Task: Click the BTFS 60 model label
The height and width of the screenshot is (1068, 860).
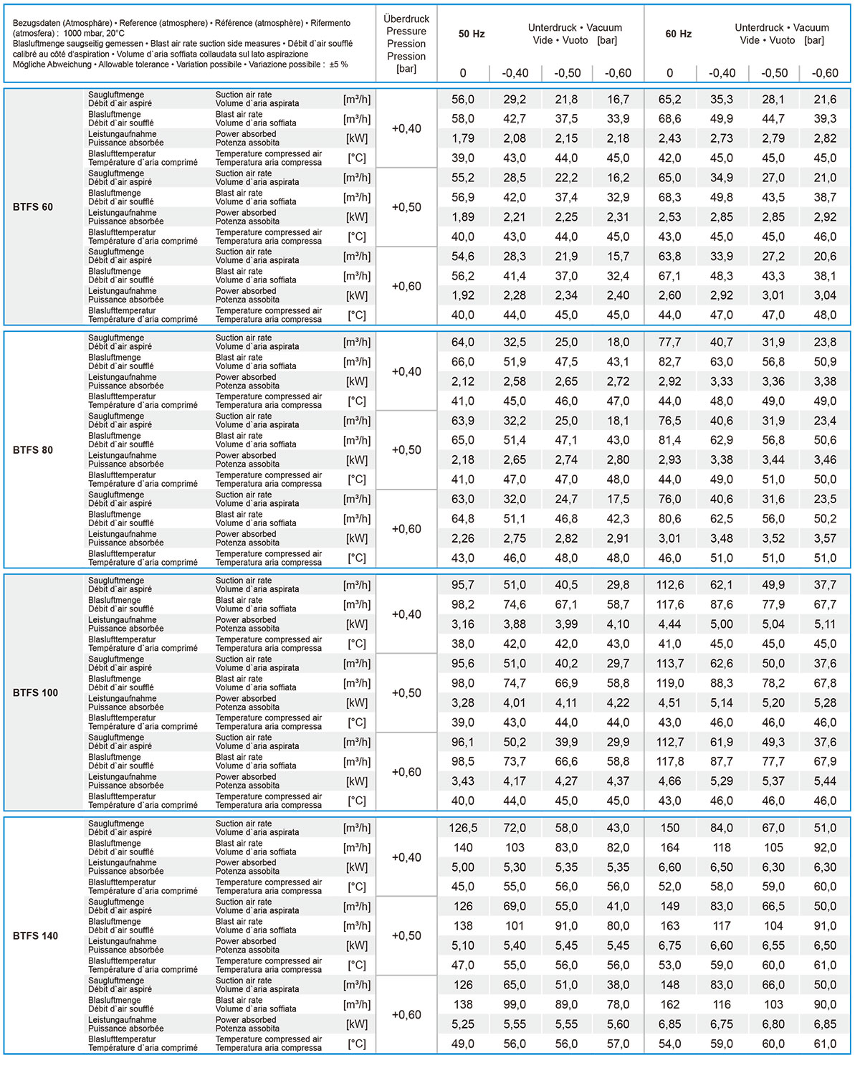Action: pos(33,207)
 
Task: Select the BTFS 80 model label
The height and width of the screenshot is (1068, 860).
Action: pos(33,450)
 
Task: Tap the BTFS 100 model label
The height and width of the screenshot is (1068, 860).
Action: pos(35,693)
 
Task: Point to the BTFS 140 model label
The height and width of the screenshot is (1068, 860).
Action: pos(35,936)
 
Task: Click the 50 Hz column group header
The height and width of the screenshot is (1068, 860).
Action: pos(472,34)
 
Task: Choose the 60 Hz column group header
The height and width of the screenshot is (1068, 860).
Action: pos(678,34)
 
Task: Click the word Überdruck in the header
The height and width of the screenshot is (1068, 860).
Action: pos(406,19)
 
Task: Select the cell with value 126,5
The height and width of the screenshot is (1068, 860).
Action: pos(463,828)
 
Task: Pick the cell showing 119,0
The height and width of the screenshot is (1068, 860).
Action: pos(670,684)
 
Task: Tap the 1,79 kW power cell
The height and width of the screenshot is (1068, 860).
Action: pos(463,138)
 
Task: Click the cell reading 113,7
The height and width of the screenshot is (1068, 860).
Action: pos(670,664)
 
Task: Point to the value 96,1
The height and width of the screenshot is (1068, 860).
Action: pos(463,743)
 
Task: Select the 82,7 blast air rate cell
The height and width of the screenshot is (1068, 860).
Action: pos(670,362)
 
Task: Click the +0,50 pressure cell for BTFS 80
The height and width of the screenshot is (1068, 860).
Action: pos(406,450)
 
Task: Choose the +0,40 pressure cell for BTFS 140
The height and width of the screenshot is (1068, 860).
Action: pos(406,857)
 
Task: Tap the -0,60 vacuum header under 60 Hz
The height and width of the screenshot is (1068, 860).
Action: pos(825,73)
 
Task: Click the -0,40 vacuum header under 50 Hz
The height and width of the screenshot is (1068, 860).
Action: pos(515,73)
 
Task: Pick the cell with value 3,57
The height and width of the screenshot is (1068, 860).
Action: pos(825,538)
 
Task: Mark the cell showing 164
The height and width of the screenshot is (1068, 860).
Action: pos(670,848)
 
